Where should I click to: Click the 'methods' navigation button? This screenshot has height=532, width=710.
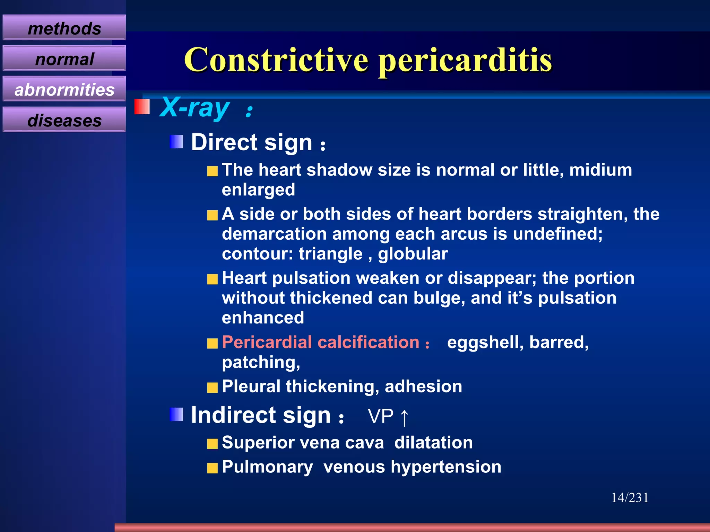pyautogui.click(x=64, y=28)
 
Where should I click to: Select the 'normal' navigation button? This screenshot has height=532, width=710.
pyautogui.click(x=64, y=59)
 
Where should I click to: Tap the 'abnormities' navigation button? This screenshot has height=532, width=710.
pyautogui.click(x=64, y=89)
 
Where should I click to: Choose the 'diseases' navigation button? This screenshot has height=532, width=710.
pyautogui.click(x=64, y=120)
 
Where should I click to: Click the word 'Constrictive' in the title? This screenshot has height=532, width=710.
pyautogui.click(x=276, y=60)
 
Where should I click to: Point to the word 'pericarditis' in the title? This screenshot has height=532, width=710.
pyautogui.click(x=465, y=60)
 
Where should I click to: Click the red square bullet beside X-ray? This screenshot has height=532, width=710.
pyautogui.click(x=142, y=107)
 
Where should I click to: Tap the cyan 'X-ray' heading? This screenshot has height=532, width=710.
pyautogui.click(x=194, y=107)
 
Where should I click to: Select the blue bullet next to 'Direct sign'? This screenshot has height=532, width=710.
pyautogui.click(x=176, y=142)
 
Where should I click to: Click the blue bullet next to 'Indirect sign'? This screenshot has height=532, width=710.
pyautogui.click(x=176, y=414)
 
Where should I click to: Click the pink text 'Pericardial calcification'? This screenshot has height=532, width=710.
pyautogui.click(x=321, y=342)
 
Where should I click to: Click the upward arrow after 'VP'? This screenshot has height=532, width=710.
pyautogui.click(x=404, y=417)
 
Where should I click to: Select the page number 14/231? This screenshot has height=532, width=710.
pyautogui.click(x=630, y=498)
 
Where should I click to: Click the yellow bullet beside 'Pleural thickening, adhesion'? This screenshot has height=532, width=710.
pyautogui.click(x=213, y=388)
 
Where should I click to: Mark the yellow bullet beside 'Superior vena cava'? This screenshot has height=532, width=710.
pyautogui.click(x=213, y=444)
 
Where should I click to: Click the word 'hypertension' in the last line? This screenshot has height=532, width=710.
pyautogui.click(x=446, y=467)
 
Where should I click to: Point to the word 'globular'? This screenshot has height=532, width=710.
pyautogui.click(x=413, y=254)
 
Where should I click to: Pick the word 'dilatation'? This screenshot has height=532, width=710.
pyautogui.click(x=433, y=443)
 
